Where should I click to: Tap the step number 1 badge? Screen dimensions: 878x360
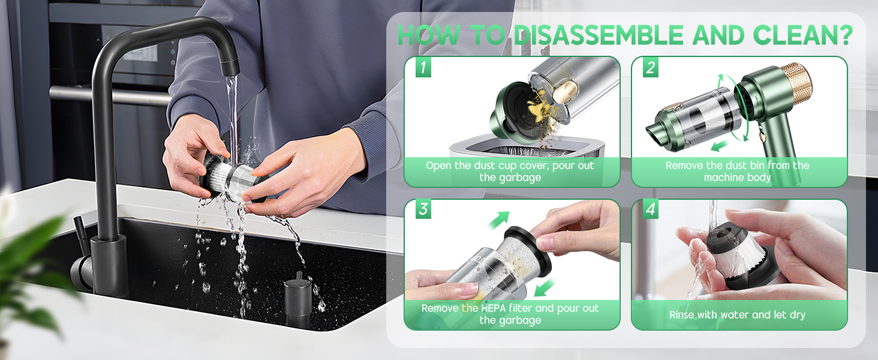[423, 67]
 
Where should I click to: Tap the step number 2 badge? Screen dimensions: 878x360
[650, 67]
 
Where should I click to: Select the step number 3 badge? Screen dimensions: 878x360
[423, 209]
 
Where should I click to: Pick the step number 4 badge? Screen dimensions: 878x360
[650, 209]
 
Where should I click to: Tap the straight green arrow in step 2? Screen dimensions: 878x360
[720, 146]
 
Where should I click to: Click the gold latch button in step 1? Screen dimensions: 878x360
[565, 90]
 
